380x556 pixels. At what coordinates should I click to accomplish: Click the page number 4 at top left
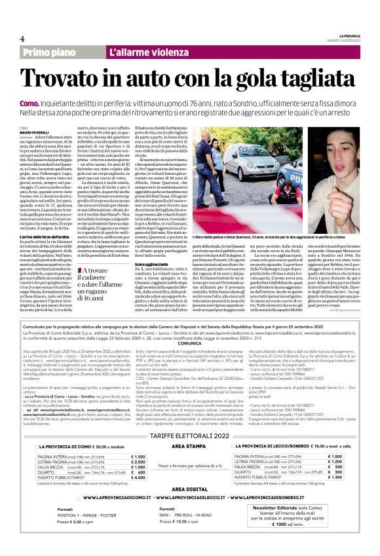click(22, 37)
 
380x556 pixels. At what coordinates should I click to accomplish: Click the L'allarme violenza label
click(142, 52)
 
